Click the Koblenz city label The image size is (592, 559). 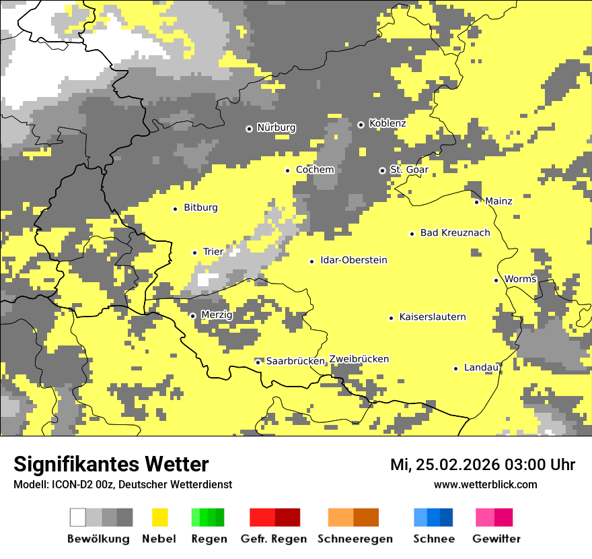point(387,123)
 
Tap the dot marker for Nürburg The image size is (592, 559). point(249,128)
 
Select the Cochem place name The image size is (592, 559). point(315,170)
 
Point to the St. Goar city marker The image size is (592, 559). point(383,170)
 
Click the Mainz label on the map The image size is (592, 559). point(498,201)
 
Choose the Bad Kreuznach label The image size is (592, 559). point(455,232)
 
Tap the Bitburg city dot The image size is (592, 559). point(175,209)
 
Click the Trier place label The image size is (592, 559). point(213,252)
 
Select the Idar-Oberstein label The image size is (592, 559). point(354,261)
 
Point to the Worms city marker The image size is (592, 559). point(496,280)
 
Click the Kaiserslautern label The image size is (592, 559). point(433,317)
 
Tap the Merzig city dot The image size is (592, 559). point(192,316)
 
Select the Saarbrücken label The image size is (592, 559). point(295,361)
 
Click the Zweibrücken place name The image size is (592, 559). point(359,359)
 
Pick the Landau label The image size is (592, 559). point(481,368)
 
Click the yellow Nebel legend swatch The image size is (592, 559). point(159,517)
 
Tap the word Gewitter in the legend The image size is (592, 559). point(496,539)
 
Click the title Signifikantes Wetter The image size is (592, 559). point(111,464)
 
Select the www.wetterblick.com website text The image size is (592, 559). point(485,485)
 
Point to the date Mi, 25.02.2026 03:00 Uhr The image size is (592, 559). point(482,465)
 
